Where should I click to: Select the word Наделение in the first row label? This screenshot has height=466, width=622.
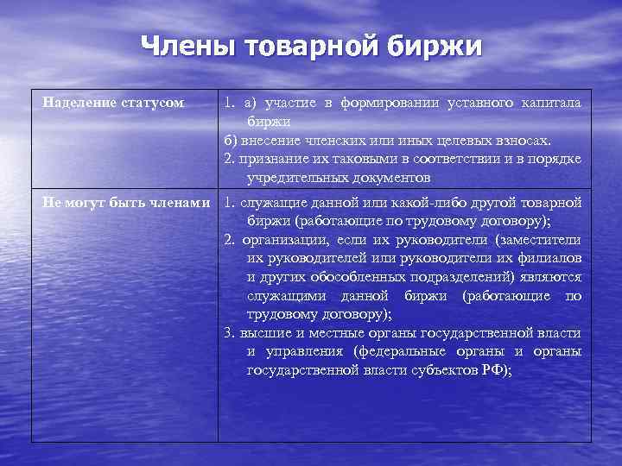(x=80, y=103)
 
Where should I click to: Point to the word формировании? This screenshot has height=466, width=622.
(x=389, y=104)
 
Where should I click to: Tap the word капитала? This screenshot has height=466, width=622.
(x=551, y=104)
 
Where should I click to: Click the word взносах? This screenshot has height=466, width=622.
(x=521, y=141)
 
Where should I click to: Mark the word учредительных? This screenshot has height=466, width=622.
(x=299, y=178)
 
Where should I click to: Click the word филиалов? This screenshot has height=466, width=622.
(x=552, y=258)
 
